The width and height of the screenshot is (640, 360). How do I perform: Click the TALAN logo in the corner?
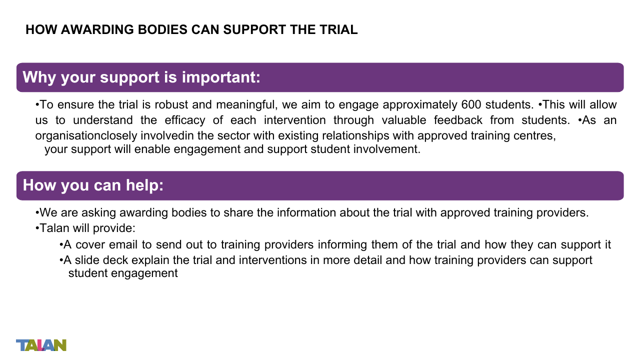pyautogui.click(x=41, y=345)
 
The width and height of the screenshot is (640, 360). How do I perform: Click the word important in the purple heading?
pyautogui.click(x=221, y=77)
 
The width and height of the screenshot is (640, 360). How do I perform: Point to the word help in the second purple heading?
pyautogui.click(x=144, y=185)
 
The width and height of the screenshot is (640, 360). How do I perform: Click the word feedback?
pyautogui.click(x=458, y=120)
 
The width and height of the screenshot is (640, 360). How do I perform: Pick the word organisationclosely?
pyautogui.click(x=86, y=135)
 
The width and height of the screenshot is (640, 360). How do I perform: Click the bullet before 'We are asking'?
pyautogui.click(x=37, y=213)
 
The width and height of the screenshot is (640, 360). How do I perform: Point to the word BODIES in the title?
pyautogui.click(x=162, y=29)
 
